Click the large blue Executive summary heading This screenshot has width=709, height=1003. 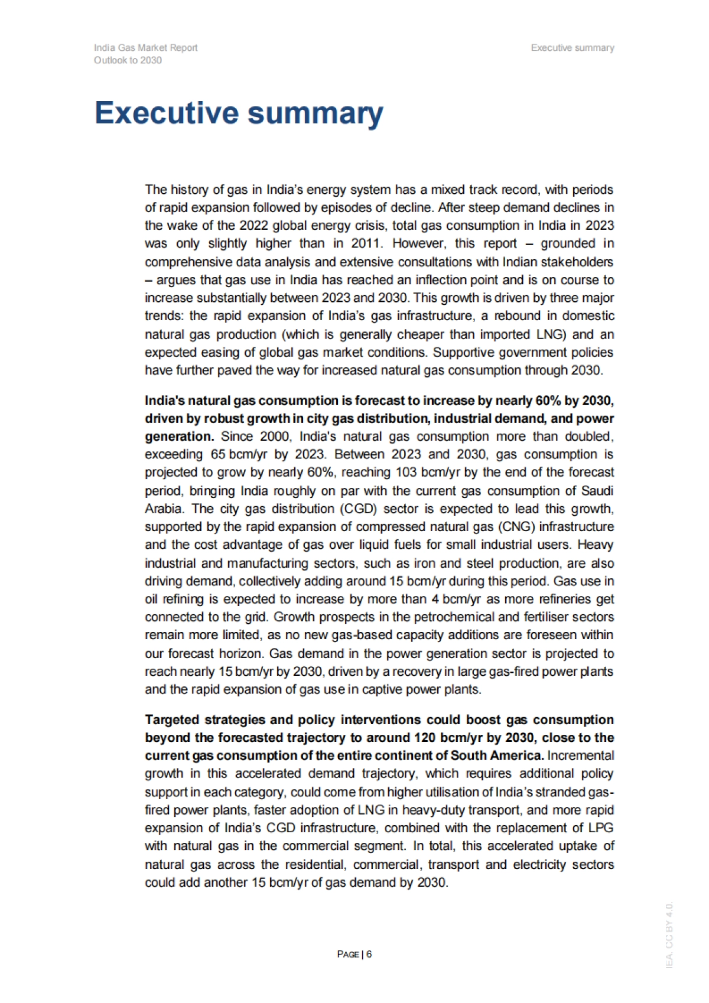point(239,113)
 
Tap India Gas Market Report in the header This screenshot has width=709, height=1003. point(145,48)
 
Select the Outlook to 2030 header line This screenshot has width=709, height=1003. point(128,60)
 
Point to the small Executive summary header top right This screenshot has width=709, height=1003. point(572,48)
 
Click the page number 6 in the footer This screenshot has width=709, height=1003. point(369,954)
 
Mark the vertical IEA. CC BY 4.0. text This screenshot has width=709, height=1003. point(669,934)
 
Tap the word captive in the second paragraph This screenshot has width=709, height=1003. point(383,689)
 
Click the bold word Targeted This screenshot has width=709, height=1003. point(171,719)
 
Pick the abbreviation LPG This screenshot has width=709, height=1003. point(601,828)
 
